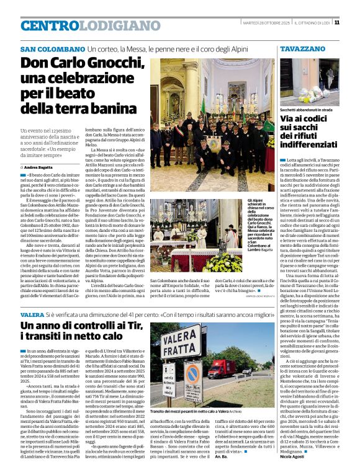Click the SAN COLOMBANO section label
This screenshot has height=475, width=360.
tap(52, 48)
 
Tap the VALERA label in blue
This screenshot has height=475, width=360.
tap(32, 314)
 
